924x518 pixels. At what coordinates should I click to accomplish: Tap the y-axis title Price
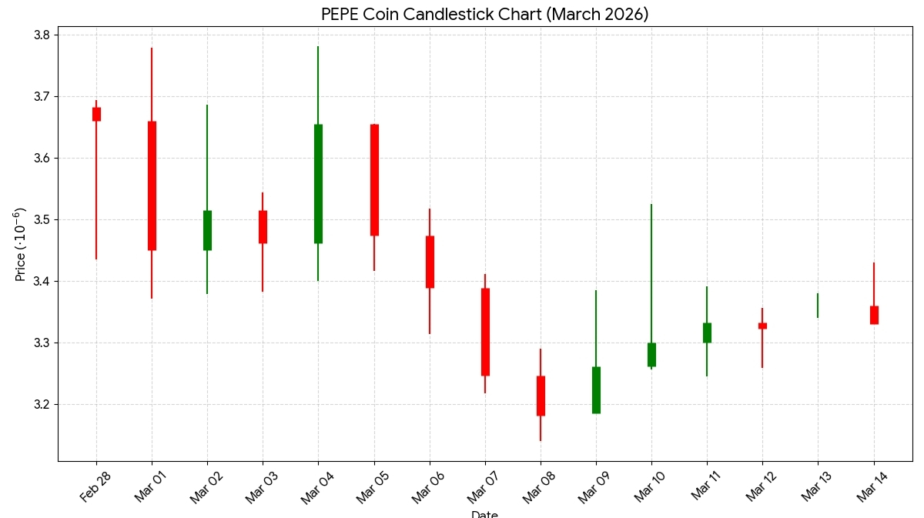[21, 244]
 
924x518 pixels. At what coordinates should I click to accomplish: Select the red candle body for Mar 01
[152, 185]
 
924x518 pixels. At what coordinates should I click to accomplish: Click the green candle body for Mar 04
[318, 183]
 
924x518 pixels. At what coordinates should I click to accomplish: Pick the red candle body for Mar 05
[374, 179]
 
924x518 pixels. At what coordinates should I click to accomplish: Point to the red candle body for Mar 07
[485, 332]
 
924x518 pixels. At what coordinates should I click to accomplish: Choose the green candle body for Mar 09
[596, 389]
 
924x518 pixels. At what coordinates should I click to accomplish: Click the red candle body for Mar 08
[541, 396]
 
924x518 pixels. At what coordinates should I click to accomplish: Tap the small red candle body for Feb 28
[96, 114]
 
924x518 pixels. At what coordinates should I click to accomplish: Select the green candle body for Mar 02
[207, 230]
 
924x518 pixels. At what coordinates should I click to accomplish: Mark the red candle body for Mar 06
[430, 262]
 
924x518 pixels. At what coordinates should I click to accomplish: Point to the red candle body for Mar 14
[874, 315]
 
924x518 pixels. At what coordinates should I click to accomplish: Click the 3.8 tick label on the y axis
[42, 35]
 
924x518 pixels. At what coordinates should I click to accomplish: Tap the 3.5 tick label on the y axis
[42, 220]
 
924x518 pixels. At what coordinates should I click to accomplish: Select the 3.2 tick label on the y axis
[42, 405]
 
